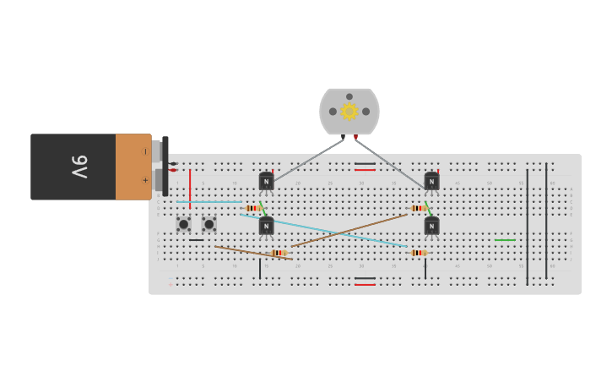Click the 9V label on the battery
point(79,167)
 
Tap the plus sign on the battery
point(145,180)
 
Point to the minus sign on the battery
point(145,152)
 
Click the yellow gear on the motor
point(349,112)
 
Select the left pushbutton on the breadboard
point(183,224)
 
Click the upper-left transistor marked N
point(266,182)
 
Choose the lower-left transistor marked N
point(266,226)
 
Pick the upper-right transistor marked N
point(431,182)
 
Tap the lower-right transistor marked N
point(431,226)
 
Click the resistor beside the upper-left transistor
point(252,208)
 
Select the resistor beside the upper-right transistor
point(418,208)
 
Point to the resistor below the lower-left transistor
point(279,253)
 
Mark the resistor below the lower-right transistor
point(418,253)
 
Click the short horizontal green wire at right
point(505,240)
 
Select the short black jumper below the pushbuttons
point(196,240)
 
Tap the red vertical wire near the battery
point(190,188)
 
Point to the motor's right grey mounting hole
point(366,112)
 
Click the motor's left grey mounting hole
point(333,112)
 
